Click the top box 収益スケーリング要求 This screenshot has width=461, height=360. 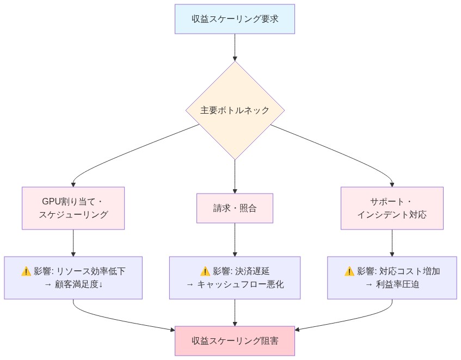[235, 19]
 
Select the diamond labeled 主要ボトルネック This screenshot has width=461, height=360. [235, 110]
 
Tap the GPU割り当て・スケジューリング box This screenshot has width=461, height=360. [73, 208]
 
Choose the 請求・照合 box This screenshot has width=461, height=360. [235, 208]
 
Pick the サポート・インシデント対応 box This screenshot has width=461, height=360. [392, 208]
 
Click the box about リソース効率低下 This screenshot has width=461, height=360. [73, 277]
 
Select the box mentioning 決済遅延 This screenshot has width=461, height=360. [235, 277]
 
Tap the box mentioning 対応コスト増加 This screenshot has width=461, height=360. [392, 277]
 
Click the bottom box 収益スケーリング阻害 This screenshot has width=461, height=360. [235, 341]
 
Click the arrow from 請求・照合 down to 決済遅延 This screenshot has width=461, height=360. [235, 239]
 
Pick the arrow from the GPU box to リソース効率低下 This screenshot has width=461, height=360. [73, 243]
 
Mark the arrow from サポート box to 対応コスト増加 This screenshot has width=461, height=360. [392, 243]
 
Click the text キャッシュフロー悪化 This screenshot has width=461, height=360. [241, 284]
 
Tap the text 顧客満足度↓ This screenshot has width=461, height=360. [79, 284]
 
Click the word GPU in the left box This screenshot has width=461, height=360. [52, 201]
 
